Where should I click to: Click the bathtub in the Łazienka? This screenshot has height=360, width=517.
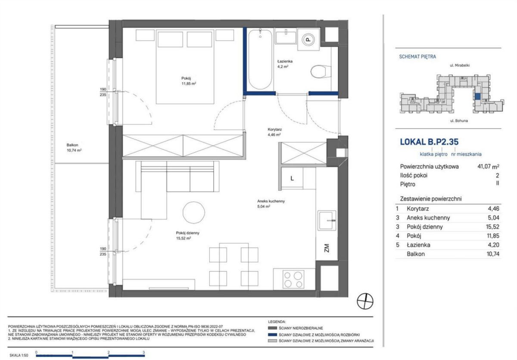pyautogui.click(x=260, y=59)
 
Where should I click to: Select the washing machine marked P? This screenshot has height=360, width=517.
pyautogui.click(x=308, y=40)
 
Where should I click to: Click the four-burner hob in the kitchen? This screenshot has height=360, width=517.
pyautogui.click(x=293, y=279)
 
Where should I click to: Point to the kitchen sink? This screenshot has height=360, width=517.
pyautogui.click(x=327, y=220)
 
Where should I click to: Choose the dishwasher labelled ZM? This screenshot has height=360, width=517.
pyautogui.click(x=327, y=248)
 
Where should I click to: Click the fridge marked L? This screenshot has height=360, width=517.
pyautogui.click(x=292, y=178)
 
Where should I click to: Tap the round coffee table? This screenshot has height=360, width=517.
pyautogui.click(x=193, y=213)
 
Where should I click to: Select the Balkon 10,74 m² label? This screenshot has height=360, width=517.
pyautogui.click(x=74, y=147)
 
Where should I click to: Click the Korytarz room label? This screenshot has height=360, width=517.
pyautogui.click(x=275, y=129)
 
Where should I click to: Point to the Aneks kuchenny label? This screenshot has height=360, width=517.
pyautogui.click(x=271, y=201)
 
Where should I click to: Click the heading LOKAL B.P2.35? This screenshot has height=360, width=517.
pyautogui.click(x=429, y=142)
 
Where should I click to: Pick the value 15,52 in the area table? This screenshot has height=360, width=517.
pyautogui.click(x=492, y=227)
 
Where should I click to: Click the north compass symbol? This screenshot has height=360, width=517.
pyautogui.click(x=365, y=301)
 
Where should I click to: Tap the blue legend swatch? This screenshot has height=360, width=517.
pyautogui.click(x=272, y=335)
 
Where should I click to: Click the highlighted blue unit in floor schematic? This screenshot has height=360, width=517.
pyautogui.click(x=477, y=97)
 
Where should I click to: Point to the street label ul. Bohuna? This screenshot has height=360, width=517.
pyautogui.click(x=459, y=121)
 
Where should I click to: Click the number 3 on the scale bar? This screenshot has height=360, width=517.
pyautogui.click(x=143, y=352)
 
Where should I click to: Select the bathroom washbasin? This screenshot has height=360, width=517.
pyautogui.click(x=286, y=38)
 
